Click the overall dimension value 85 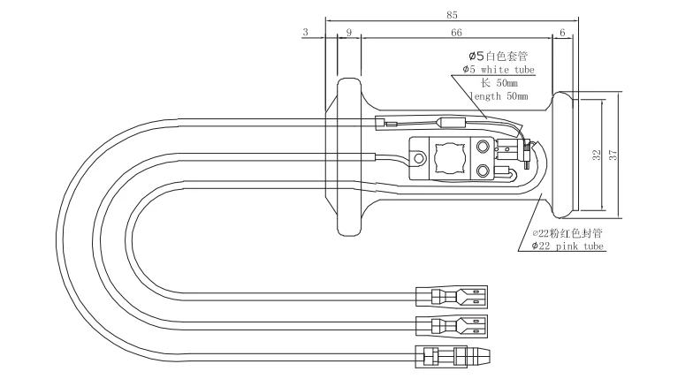pyautogui.click(x=452, y=14)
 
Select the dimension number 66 pyautogui.click(x=456, y=32)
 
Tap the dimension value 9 pyautogui.click(x=349, y=32)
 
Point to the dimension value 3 pyautogui.click(x=306, y=32)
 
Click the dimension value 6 pyautogui.click(x=562, y=32)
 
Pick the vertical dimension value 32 pyautogui.click(x=596, y=154)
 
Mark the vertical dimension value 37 pyautogui.click(x=613, y=154)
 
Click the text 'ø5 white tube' pyautogui.click(x=498, y=69)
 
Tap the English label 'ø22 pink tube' pyautogui.click(x=567, y=246)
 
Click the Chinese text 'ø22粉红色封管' pyautogui.click(x=567, y=233)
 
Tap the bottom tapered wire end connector pyautogui.click(x=452, y=356)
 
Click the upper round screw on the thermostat pyautogui.click(x=484, y=147)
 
